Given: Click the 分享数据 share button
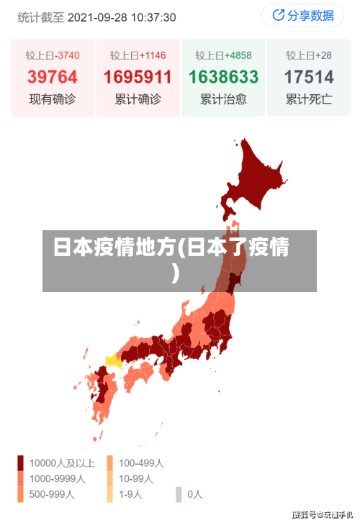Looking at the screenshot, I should pyautogui.click(x=302, y=15).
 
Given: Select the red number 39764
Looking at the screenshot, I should pyautogui.click(x=53, y=76).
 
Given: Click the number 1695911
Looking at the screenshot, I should pyautogui.click(x=138, y=76).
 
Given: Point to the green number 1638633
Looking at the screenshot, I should pyautogui.click(x=223, y=76).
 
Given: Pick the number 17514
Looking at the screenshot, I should pyautogui.click(x=308, y=76).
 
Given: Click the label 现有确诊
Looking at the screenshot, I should pyautogui.click(x=53, y=99).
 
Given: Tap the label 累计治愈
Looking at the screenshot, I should pyautogui.click(x=223, y=99).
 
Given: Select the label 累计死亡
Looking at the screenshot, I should pyautogui.click(x=308, y=99).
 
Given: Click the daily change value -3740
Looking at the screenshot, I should pyautogui.click(x=67, y=55).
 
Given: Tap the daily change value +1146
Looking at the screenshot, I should pyautogui.click(x=153, y=55).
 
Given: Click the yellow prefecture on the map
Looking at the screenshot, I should pyautogui.click(x=114, y=360).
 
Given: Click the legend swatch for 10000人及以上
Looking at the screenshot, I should pyautogui.click(x=21, y=463).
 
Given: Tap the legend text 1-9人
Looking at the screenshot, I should pyautogui.click(x=130, y=494).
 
